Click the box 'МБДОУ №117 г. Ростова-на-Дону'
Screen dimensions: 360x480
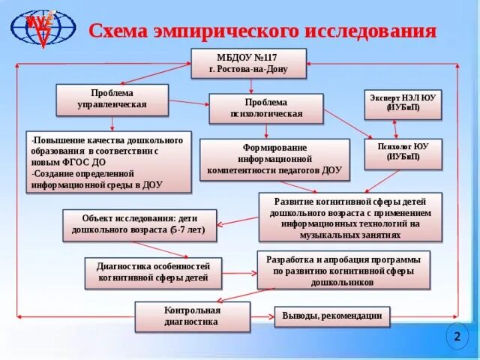pyautogui.click(x=248, y=64)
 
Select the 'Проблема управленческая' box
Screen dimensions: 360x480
pyautogui.click(x=112, y=99)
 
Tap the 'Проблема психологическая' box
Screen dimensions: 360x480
pyautogui.click(x=265, y=109)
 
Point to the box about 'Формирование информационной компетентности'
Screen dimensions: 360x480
pyautogui.click(x=274, y=160)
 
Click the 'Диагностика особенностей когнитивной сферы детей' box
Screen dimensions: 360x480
pyautogui.click(x=154, y=271)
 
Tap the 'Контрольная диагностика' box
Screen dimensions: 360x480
pyautogui.click(x=192, y=316)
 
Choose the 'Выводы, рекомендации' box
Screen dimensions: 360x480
pyautogui.click(x=332, y=316)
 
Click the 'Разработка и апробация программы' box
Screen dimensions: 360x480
pyautogui.click(x=343, y=270)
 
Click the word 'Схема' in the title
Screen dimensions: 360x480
pyautogui.click(x=122, y=31)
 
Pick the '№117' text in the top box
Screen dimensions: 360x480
pyautogui.click(x=263, y=58)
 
